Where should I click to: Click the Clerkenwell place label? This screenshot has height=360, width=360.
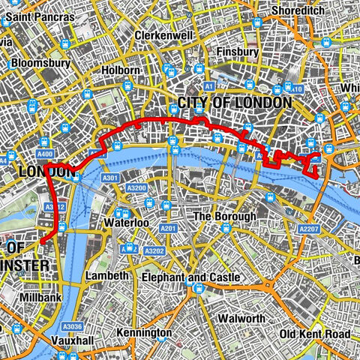(164, 35)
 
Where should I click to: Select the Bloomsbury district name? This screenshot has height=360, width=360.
(40, 63)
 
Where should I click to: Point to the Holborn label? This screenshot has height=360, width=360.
(120, 70)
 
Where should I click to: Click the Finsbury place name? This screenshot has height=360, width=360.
(237, 52)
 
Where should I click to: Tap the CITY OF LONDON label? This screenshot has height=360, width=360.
(234, 102)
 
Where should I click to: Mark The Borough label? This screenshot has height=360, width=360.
(224, 217)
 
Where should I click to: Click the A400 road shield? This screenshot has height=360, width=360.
(43, 154)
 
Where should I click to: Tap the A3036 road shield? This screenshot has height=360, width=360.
(72, 326)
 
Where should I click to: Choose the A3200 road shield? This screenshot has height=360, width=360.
(135, 190)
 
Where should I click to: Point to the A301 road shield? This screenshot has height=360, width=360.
(111, 178)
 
